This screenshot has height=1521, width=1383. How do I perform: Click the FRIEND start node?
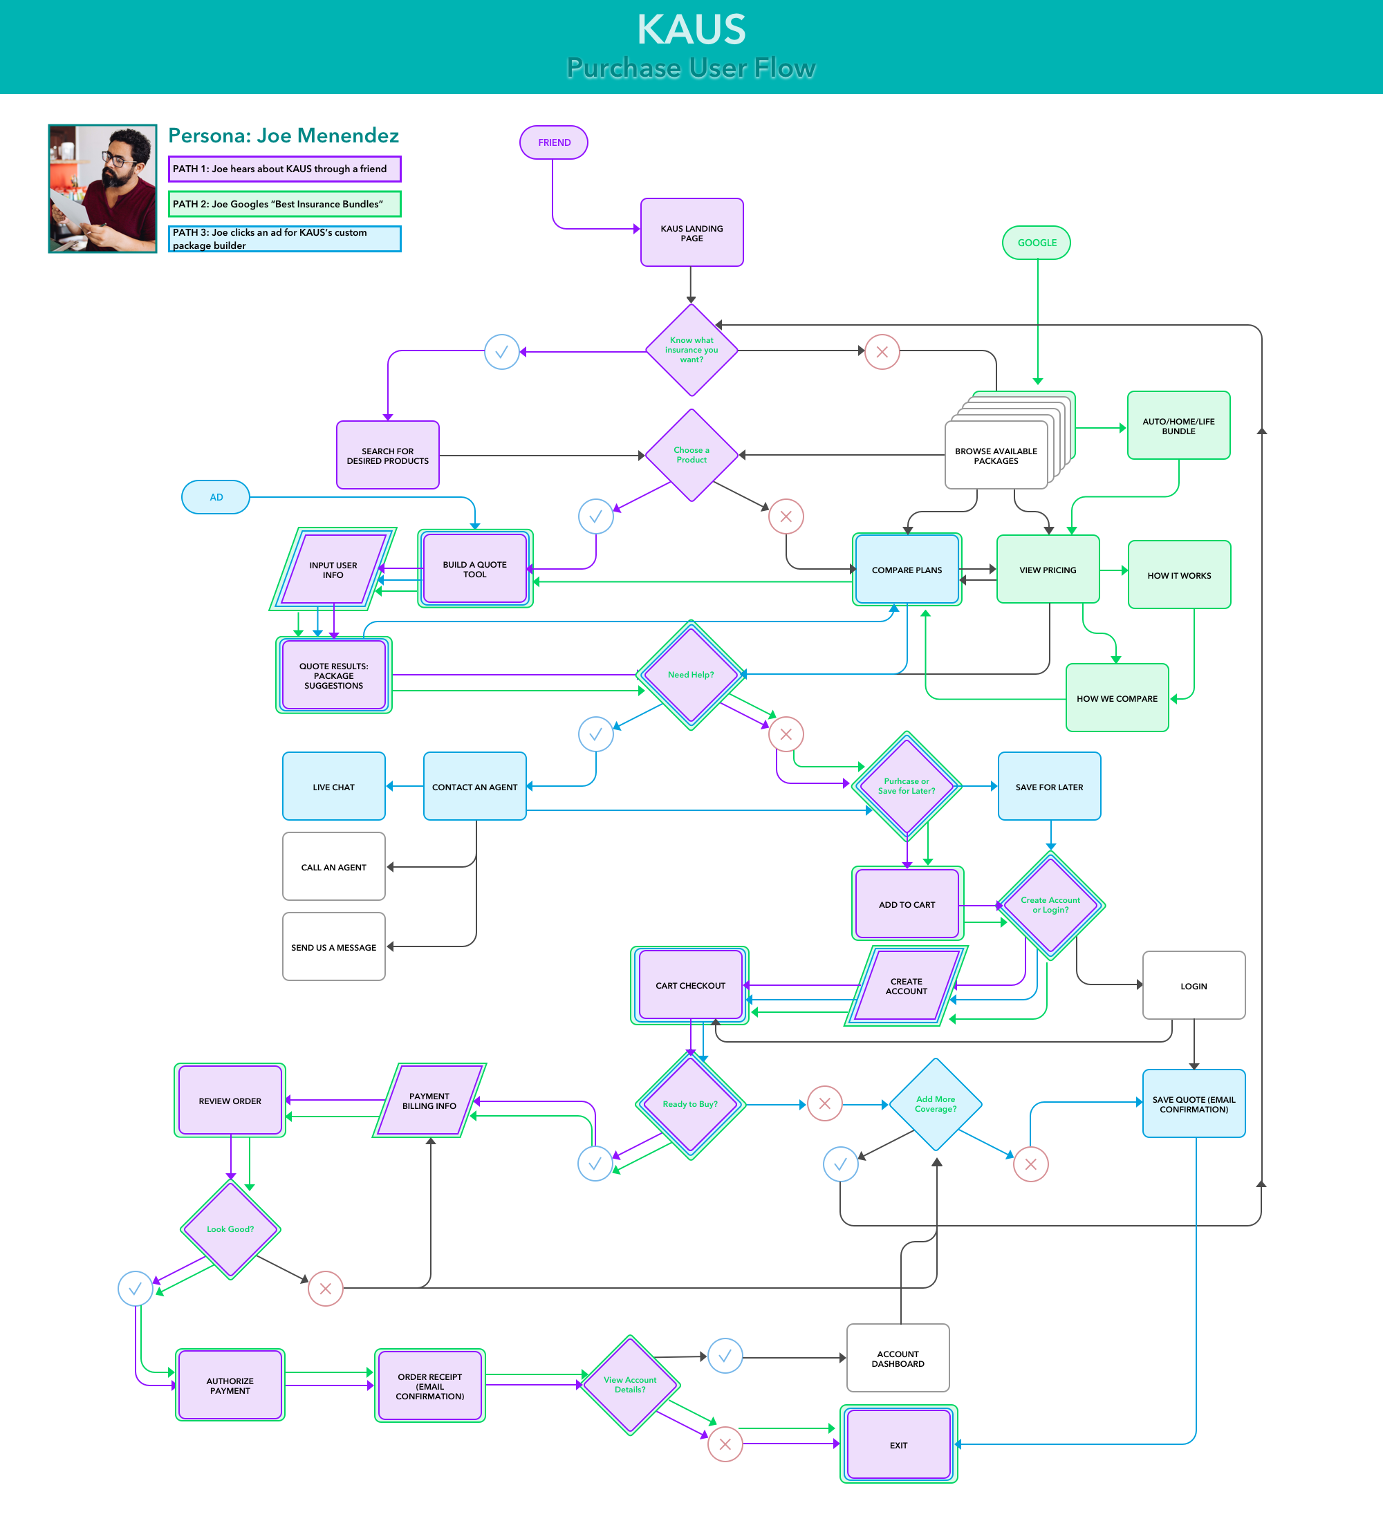pyautogui.click(x=553, y=142)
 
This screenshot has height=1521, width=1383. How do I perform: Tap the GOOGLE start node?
pyautogui.click(x=1036, y=243)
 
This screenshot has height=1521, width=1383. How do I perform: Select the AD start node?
pyautogui.click(x=216, y=497)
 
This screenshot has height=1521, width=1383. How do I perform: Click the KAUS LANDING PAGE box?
pyautogui.click(x=691, y=233)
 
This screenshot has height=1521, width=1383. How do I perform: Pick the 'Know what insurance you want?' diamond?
pyautogui.click(x=691, y=350)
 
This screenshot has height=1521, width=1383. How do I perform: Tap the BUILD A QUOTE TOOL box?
pyautogui.click(x=474, y=569)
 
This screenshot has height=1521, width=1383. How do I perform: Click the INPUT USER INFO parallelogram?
pyautogui.click(x=333, y=570)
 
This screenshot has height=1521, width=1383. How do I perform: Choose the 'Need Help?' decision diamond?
pyautogui.click(x=690, y=675)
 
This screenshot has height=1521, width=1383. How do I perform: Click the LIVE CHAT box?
pyautogui.click(x=333, y=786)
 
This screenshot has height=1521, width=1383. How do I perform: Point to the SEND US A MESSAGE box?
pyautogui.click(x=333, y=947)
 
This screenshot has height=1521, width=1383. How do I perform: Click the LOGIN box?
pyautogui.click(x=1193, y=985)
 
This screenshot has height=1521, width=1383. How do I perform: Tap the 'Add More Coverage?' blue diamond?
pyautogui.click(x=935, y=1104)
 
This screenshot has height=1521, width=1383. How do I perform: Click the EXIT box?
pyautogui.click(x=898, y=1444)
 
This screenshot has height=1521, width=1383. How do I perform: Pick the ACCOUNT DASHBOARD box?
pyautogui.click(x=897, y=1358)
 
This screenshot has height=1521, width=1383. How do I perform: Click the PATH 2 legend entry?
pyautogui.click(x=284, y=204)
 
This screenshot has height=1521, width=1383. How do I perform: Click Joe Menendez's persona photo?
pyautogui.click(x=102, y=189)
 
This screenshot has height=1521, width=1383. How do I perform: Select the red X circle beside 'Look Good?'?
pyautogui.click(x=325, y=1289)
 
